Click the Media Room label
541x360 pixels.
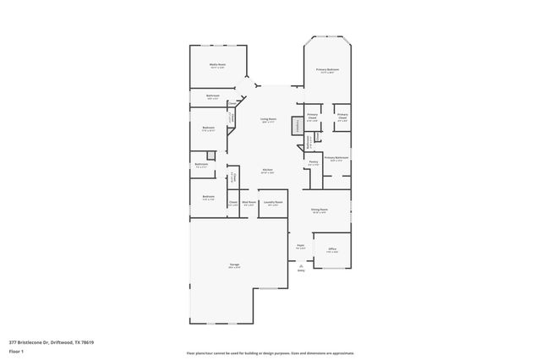point(218,64)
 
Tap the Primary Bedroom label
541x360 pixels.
point(328,69)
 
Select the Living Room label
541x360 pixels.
point(269,120)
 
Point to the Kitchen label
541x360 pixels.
point(267,170)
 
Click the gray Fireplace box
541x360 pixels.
point(297,126)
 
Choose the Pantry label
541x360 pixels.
point(313,162)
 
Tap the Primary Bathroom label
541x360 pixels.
point(336,158)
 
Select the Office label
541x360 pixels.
point(332,249)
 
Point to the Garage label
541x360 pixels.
point(233,265)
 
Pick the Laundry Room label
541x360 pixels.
point(272,203)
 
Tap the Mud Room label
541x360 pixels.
point(249,203)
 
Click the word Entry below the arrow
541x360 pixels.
point(301,271)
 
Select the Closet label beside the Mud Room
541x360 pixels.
point(232,203)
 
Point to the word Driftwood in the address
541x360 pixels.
point(59,341)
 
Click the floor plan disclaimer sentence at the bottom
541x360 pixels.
point(270,352)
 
